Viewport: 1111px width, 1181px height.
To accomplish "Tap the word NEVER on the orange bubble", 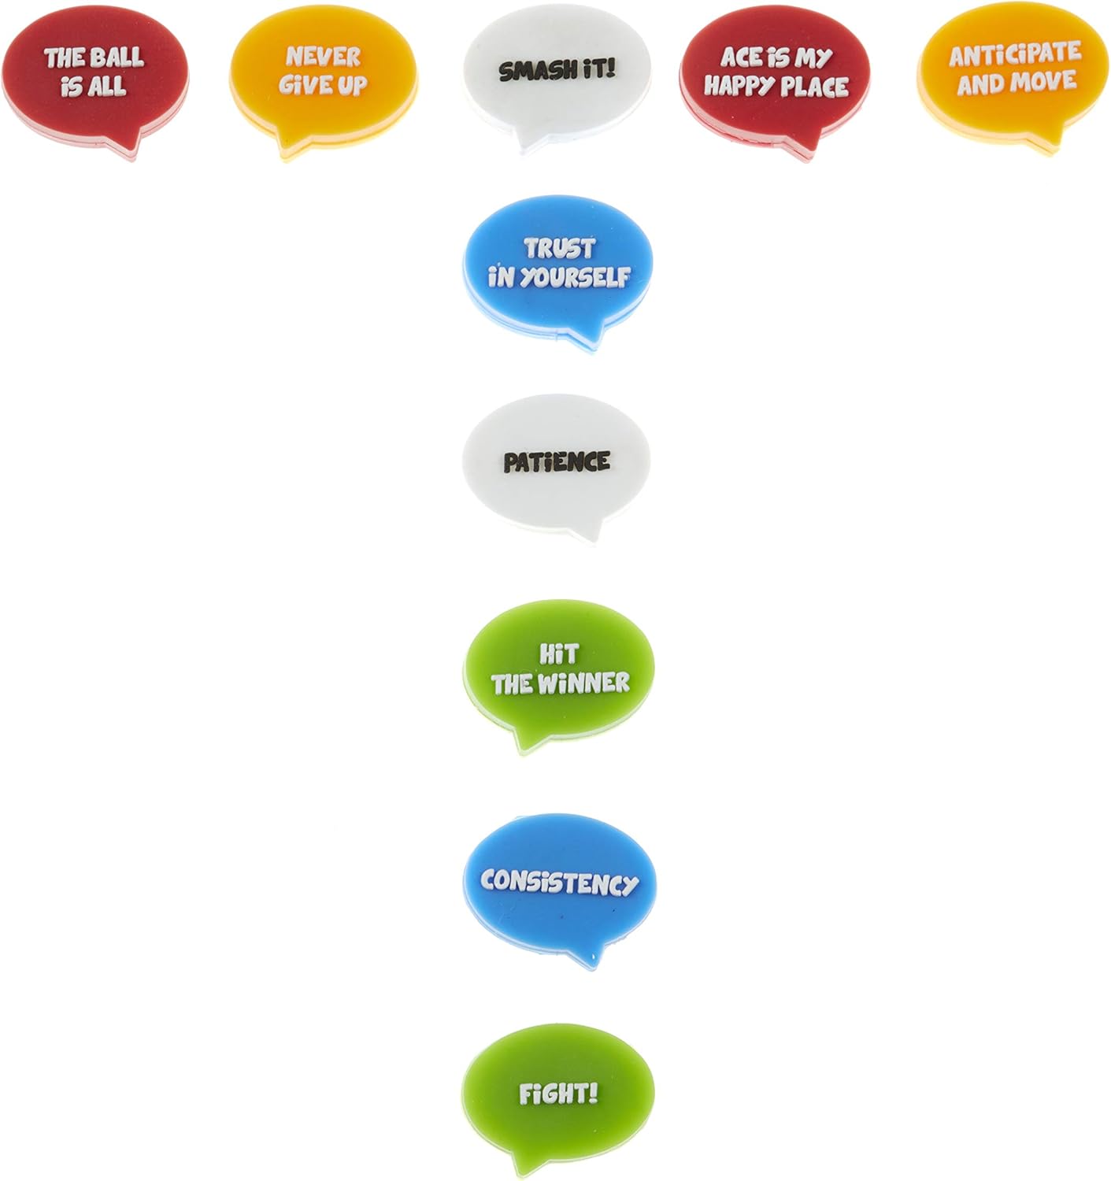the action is click(323, 57).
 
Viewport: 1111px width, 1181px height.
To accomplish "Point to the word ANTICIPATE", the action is click(1015, 54).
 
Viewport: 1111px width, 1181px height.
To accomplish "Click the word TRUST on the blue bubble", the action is click(559, 249).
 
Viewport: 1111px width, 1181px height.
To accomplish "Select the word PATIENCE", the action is click(557, 462).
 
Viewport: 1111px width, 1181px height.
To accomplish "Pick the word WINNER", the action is click(583, 683).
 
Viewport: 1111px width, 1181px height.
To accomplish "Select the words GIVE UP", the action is click(323, 86).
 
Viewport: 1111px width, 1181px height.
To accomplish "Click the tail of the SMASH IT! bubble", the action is click(526, 145).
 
